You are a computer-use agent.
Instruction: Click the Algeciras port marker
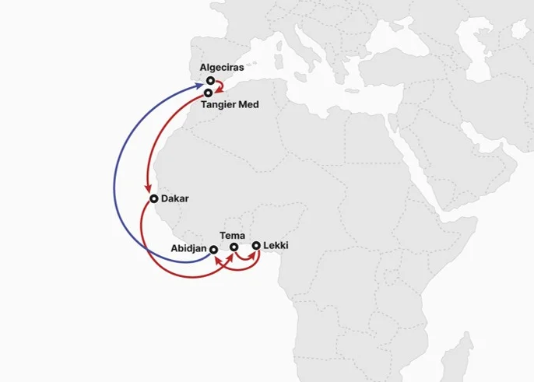point(210,80)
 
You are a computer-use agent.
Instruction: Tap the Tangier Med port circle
point(208,93)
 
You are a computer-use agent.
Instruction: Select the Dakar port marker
point(154,199)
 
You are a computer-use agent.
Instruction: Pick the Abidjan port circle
point(213,249)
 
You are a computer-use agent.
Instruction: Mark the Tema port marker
point(234,247)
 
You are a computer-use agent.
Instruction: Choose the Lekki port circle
point(255,246)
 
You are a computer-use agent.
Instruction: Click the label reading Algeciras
point(222,68)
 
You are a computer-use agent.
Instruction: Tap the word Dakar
point(174,199)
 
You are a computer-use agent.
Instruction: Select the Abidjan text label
point(188,249)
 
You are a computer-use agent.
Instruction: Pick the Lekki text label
point(276,246)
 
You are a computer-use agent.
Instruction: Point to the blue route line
point(115,179)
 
